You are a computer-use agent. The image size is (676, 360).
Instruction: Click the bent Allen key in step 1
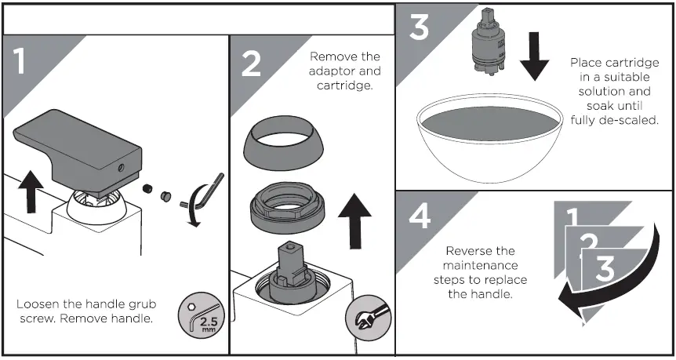click(x=205, y=192)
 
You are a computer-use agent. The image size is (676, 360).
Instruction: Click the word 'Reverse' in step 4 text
click(x=469, y=252)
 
